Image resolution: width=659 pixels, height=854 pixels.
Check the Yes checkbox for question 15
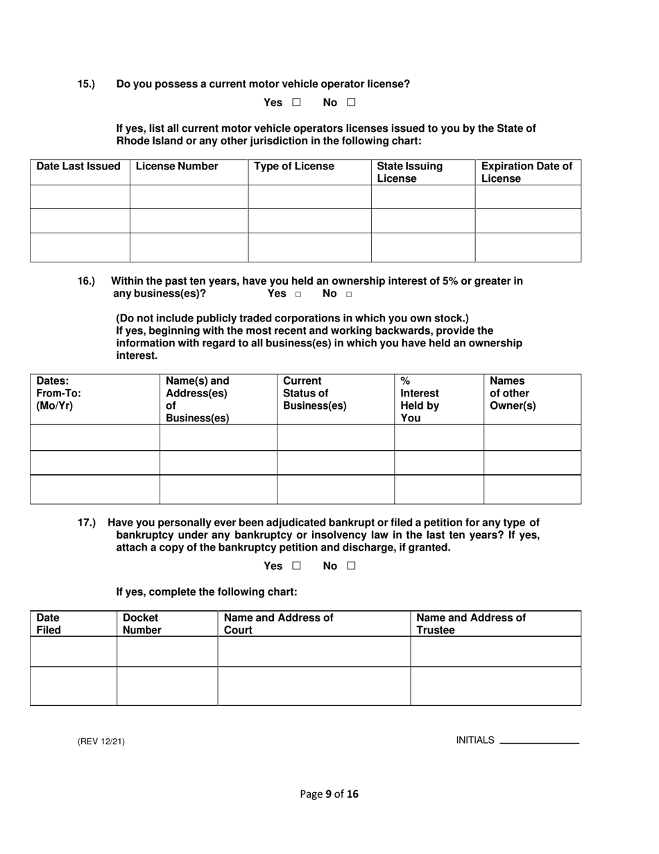point(296,103)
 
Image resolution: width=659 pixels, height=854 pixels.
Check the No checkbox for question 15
point(351,103)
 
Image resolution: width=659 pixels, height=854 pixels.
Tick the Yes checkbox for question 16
point(298,294)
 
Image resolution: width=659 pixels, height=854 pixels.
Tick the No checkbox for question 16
point(348,294)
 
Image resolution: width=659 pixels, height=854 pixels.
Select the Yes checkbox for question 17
point(296,566)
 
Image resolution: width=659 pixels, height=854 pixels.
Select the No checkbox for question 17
point(351,566)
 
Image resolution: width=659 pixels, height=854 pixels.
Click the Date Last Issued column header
point(78,167)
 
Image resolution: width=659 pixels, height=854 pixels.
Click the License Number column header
point(178,167)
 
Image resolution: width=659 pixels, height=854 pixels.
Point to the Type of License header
point(294,167)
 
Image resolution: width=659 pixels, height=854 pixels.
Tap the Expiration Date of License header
point(527,172)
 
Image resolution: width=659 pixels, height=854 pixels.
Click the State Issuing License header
point(409,172)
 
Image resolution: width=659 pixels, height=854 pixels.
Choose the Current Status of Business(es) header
point(315,393)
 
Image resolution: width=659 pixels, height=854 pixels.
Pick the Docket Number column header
point(142,623)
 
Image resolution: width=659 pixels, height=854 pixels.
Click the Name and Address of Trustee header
point(471,623)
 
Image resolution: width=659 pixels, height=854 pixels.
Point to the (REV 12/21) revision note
point(101,742)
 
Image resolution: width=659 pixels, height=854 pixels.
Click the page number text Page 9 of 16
point(329,794)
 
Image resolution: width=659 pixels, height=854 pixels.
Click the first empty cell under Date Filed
point(74,651)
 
